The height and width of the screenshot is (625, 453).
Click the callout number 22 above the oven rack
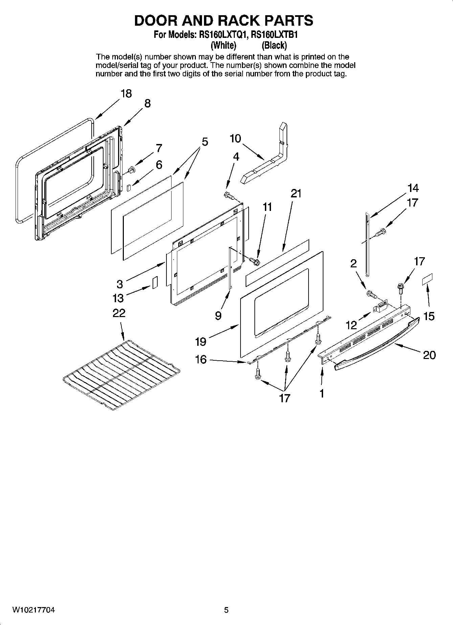coord(119,313)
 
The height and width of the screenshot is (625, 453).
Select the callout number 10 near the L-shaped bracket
coord(235,138)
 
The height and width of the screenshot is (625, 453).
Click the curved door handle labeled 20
coord(376,345)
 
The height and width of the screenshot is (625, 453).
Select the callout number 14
coord(413,188)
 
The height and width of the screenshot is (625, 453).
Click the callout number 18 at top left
coord(126,93)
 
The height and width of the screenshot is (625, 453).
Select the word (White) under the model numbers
coord(223,45)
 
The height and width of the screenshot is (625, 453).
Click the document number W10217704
coord(33,610)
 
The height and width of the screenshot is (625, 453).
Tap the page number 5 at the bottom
coord(226,610)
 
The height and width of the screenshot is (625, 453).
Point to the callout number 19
coord(200,341)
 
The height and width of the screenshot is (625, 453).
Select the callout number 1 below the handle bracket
coord(321,393)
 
